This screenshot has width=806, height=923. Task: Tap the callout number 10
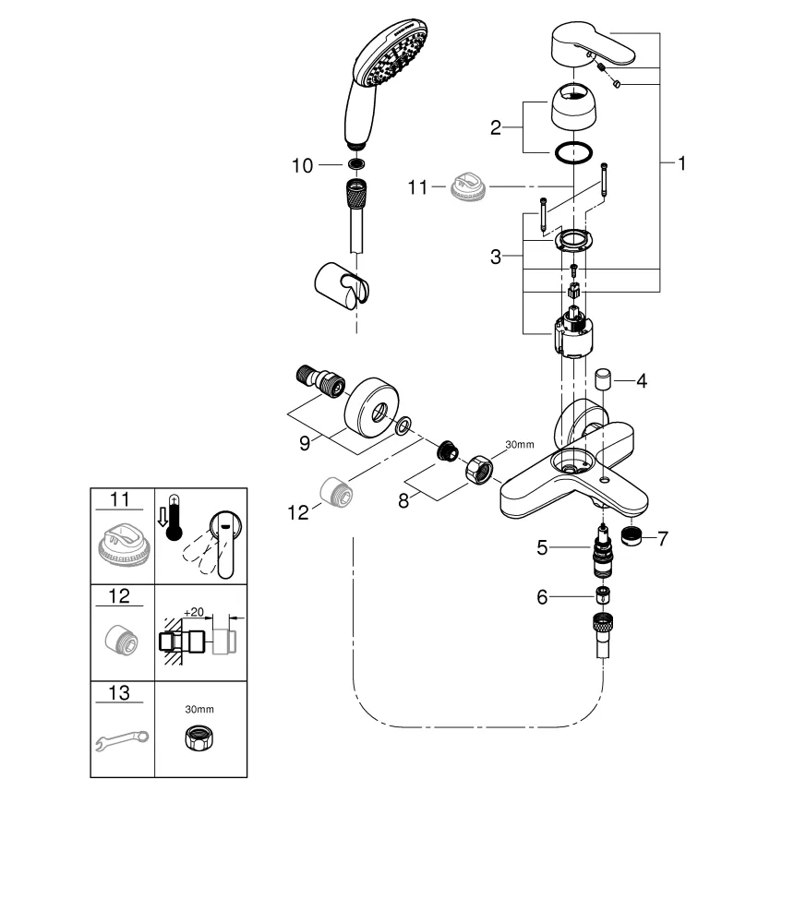[303, 165]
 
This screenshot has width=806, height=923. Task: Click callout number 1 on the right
[682, 164]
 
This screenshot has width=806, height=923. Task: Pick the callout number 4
[642, 379]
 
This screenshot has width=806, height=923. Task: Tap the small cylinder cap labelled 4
[605, 379]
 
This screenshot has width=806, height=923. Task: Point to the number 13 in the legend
[121, 693]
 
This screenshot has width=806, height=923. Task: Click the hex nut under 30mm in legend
[199, 738]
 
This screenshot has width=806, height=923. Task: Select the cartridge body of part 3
[573, 335]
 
